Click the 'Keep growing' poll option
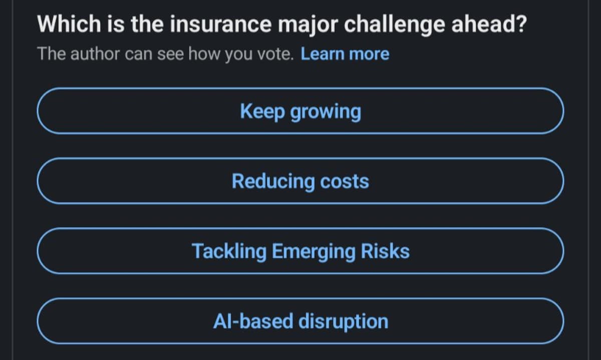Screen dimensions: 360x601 click(x=300, y=111)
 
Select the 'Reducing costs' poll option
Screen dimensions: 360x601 click(x=300, y=181)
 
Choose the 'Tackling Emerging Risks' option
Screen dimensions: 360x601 click(x=300, y=251)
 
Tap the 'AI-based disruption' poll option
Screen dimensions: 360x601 click(x=300, y=321)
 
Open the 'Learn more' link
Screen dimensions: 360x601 click(x=345, y=54)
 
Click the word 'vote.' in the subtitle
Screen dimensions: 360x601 click(x=275, y=54)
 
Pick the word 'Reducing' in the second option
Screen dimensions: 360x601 click(x=273, y=181)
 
